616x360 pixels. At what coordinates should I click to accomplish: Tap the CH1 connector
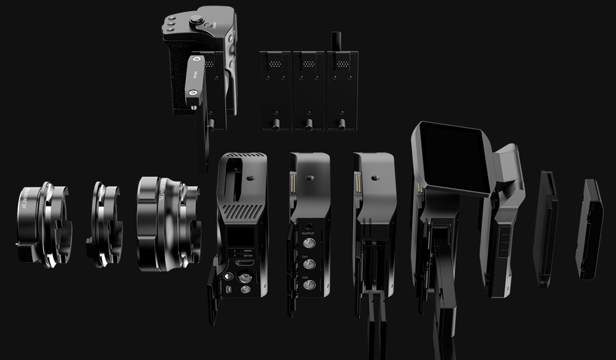tap(309, 264)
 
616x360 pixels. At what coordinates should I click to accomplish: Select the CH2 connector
tap(309, 285)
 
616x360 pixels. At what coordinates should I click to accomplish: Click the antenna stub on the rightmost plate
tap(336, 41)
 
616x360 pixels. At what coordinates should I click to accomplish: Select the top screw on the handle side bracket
tap(195, 60)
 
